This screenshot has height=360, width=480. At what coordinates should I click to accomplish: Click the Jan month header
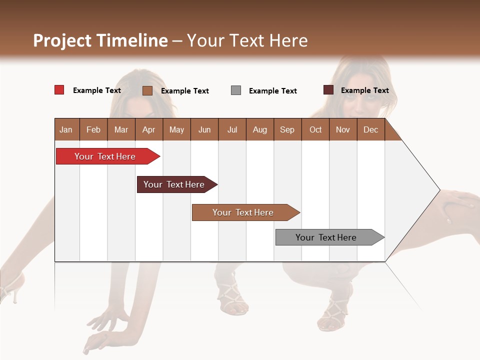point(66,129)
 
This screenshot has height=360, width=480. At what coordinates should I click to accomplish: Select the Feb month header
point(93,129)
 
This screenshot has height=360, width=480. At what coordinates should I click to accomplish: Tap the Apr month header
point(148,129)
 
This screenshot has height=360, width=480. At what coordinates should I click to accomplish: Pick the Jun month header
point(204,129)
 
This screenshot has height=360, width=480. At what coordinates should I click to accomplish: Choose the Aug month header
point(259,129)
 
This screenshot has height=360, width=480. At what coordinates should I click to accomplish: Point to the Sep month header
point(287,129)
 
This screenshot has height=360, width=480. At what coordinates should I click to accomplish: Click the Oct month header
point(315,129)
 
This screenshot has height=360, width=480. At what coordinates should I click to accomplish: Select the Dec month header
point(370,129)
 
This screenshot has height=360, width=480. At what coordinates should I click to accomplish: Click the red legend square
point(59,90)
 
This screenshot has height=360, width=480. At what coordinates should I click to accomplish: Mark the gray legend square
point(236,90)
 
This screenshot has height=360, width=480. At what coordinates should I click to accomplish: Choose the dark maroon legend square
point(328,90)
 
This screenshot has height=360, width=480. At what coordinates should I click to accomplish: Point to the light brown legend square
point(147,90)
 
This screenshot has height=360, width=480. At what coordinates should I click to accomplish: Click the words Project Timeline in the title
point(100,40)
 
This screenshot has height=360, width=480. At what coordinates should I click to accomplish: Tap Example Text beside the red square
point(97,90)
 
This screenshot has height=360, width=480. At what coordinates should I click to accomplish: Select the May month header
point(176,129)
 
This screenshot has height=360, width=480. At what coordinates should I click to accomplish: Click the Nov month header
point(343,129)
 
